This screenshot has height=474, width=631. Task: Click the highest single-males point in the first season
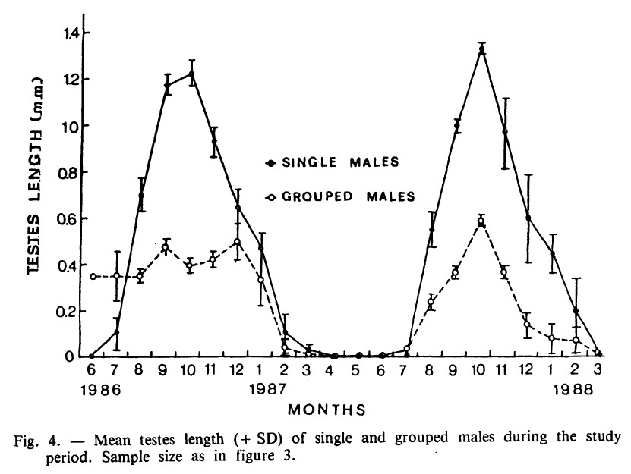point(191,74)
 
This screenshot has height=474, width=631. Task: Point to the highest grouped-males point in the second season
point(481,221)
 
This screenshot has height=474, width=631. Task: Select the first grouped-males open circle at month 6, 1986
point(93,276)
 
